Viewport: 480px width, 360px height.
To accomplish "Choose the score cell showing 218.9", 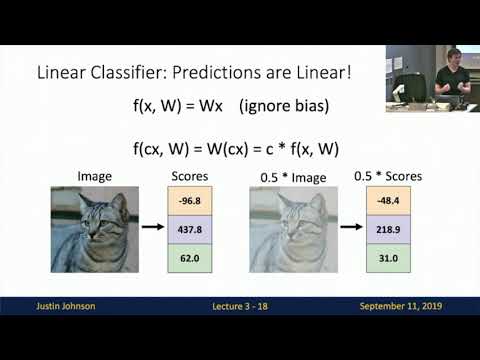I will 386,230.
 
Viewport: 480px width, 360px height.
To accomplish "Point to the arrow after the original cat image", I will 153,230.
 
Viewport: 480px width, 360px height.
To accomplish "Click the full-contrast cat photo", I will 95,231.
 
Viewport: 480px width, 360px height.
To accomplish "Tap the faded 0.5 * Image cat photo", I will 293,231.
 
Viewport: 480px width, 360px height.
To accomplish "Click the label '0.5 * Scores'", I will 388,176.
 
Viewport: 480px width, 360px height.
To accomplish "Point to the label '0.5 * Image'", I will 291,176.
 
